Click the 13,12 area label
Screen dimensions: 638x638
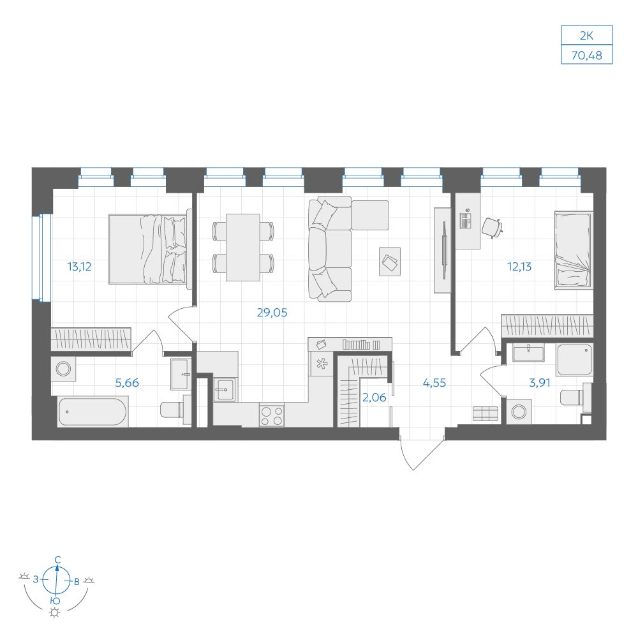point(79,267)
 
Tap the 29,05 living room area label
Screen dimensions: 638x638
point(272,313)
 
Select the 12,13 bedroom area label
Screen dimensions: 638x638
point(519,267)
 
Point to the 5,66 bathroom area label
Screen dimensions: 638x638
point(127,383)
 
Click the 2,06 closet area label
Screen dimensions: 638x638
point(375,397)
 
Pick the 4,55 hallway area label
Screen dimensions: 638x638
point(434,383)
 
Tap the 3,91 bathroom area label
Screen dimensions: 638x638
point(540,383)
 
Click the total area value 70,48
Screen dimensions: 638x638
point(587,55)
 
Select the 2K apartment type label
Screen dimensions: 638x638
point(587,36)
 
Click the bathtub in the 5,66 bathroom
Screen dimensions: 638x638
point(93,412)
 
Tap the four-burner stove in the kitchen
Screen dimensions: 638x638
point(272,415)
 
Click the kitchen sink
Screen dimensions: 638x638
point(225,389)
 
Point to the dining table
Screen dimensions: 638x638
point(243,248)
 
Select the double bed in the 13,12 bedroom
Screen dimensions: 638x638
point(148,249)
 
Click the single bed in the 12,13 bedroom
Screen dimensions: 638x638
point(574,250)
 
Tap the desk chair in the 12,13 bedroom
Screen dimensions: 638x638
point(492,228)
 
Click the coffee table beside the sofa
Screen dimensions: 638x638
point(390,262)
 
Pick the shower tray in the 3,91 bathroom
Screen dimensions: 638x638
point(575,360)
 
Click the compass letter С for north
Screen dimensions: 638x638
point(58,560)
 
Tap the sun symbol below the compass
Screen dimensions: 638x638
point(54,612)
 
